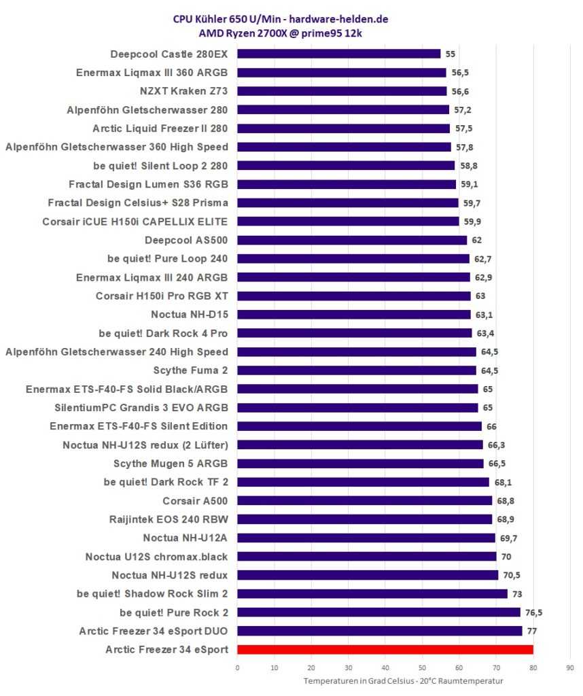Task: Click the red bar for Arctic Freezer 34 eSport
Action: (x=385, y=649)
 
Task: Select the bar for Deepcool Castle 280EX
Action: (x=338, y=54)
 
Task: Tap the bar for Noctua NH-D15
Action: (x=353, y=314)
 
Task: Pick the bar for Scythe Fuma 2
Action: (x=356, y=370)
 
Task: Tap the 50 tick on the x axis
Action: (x=422, y=667)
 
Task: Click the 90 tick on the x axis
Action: (x=569, y=667)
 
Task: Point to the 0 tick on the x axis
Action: (x=237, y=667)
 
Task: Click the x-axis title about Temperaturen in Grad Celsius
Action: (x=403, y=681)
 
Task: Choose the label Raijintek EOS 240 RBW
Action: (x=169, y=519)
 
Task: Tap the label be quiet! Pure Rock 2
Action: (x=173, y=612)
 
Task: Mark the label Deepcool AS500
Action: (x=186, y=240)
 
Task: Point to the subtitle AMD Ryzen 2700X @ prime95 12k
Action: (x=290, y=33)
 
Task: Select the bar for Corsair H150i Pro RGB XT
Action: (x=353, y=296)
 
